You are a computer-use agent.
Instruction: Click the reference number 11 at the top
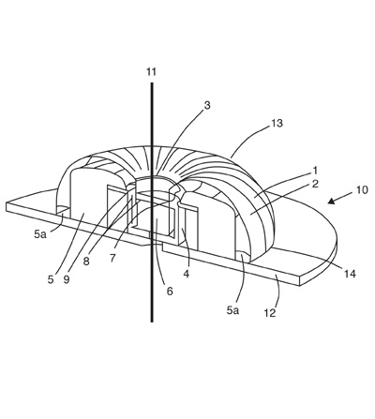(x=151, y=72)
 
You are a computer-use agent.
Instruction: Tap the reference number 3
(x=207, y=106)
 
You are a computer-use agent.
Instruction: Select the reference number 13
(x=276, y=123)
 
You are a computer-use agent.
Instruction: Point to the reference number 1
(x=315, y=171)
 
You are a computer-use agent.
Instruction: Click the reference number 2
(x=315, y=184)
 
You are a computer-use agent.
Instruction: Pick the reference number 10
(x=362, y=189)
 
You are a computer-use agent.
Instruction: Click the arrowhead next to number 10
(x=331, y=202)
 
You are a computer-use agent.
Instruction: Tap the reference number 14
(x=350, y=274)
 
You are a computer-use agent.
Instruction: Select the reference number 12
(x=270, y=313)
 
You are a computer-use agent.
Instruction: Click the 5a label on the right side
(x=232, y=310)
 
